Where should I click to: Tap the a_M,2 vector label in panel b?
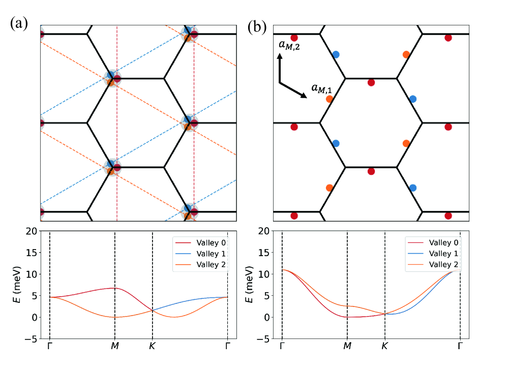(288, 46)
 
